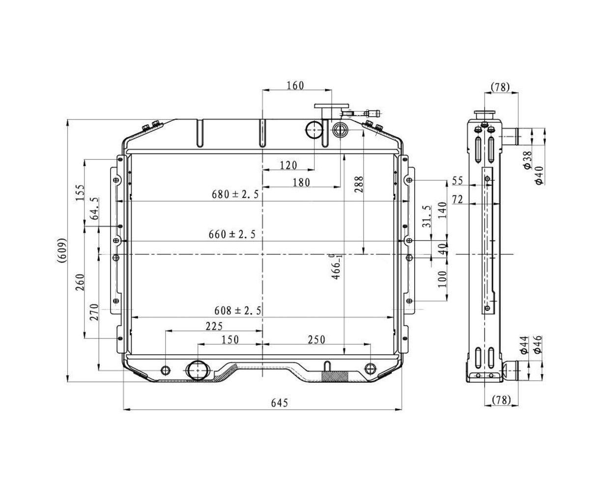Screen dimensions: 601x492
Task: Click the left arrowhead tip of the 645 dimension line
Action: [123, 410]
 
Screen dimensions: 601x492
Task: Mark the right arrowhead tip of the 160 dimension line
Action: [332, 90]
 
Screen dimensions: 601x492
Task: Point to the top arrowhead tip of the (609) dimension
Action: [67, 120]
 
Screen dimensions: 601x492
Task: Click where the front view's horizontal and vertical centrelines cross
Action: [262, 254]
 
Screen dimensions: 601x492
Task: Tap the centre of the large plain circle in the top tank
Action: [314, 130]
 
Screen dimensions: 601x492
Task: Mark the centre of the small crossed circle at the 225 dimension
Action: [166, 370]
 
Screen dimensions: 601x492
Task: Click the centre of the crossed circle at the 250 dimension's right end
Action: [371, 369]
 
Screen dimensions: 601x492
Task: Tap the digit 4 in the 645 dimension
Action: [280, 403]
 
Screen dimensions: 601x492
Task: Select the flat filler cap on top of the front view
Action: [331, 106]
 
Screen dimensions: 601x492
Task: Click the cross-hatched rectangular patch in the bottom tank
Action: [335, 376]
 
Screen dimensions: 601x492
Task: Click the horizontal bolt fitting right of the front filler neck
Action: [361, 113]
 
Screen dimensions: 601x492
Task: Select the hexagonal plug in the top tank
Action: [340, 130]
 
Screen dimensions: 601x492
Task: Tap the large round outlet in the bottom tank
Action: [198, 370]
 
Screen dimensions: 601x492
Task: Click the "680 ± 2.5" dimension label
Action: [235, 194]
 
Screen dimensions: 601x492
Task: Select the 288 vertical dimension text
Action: [359, 184]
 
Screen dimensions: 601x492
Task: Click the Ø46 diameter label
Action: [538, 345]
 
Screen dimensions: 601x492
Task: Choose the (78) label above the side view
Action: [500, 87]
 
